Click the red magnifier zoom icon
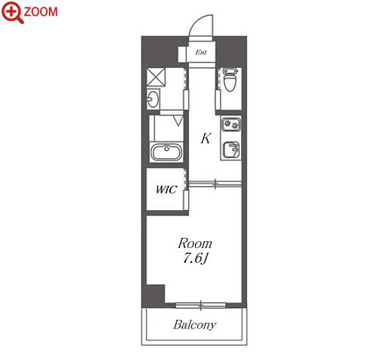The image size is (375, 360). pyautogui.click(x=12, y=12)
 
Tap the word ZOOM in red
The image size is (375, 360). pyautogui.click(x=41, y=12)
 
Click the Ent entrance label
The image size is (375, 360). pyautogui.click(x=201, y=53)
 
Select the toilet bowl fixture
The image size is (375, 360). pyautogui.click(x=230, y=79)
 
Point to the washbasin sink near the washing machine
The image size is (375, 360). pyautogui.click(x=153, y=99)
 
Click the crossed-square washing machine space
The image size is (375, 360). pyautogui.click(x=156, y=77)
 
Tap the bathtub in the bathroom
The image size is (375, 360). pyautogui.click(x=166, y=152)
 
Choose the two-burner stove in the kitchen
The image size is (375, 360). pyautogui.click(x=231, y=124)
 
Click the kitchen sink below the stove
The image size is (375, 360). pyautogui.click(x=231, y=150)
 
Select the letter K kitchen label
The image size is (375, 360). pyautogui.click(x=206, y=139)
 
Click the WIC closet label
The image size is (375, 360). pyautogui.click(x=166, y=190)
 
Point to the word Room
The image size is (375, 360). pyautogui.click(x=195, y=243)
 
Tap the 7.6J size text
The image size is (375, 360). pyautogui.click(x=195, y=258)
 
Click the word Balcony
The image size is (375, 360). pyautogui.click(x=194, y=325)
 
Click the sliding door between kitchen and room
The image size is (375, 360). pyautogui.click(x=215, y=184)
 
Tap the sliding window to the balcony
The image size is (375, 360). pyautogui.click(x=200, y=306)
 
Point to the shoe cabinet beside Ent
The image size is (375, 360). pyautogui.click(x=181, y=54)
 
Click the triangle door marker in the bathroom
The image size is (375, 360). pyautogui.click(x=178, y=121)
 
